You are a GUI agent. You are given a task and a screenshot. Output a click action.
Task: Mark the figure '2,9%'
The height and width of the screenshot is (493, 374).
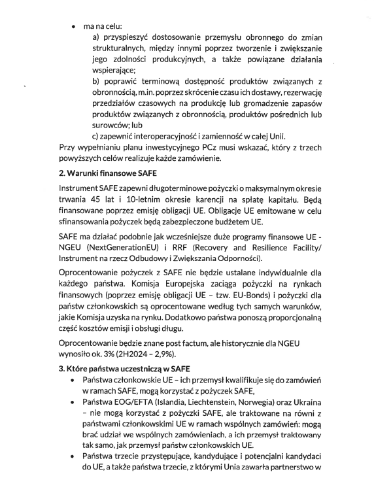(x=166, y=353)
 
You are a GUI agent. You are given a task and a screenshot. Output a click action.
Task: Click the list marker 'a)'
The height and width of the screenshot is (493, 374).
(x=96, y=39)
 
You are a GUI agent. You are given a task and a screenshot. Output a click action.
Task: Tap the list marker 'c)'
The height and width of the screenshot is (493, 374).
(x=95, y=137)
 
